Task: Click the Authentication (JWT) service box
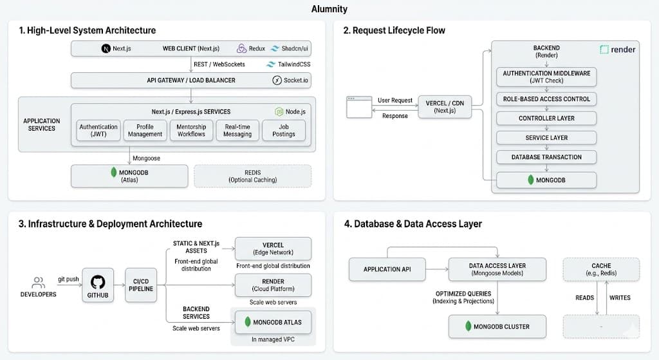click(x=98, y=130)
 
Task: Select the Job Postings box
click(x=284, y=130)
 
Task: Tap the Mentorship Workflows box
click(x=191, y=130)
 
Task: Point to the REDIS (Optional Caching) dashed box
click(x=252, y=176)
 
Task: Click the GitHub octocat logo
click(x=98, y=282)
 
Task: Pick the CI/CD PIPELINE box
click(x=141, y=285)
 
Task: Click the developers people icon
click(x=38, y=282)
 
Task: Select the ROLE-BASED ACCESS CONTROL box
click(x=546, y=99)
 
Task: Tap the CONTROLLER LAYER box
click(x=546, y=118)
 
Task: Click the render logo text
click(x=623, y=50)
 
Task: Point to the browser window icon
click(x=359, y=107)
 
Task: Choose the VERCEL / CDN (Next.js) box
click(x=445, y=107)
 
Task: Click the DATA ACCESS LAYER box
click(x=497, y=270)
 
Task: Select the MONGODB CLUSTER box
click(x=497, y=327)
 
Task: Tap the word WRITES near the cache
click(x=620, y=298)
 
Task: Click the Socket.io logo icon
click(x=277, y=81)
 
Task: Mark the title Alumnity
click(x=329, y=9)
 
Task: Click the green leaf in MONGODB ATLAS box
click(x=248, y=322)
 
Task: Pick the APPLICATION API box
click(x=387, y=270)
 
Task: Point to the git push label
click(x=68, y=279)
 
